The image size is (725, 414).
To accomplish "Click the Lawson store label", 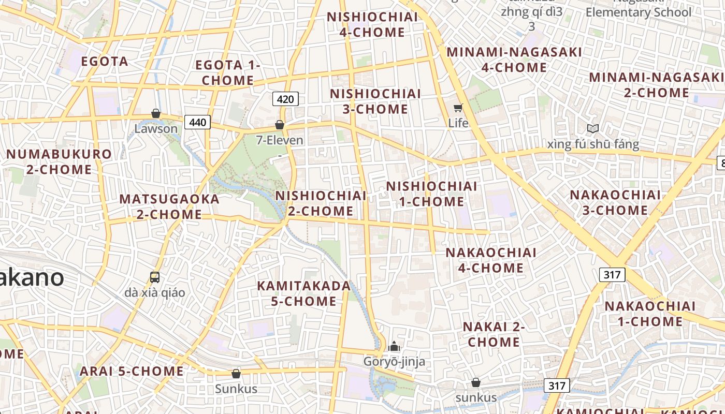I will [156, 128].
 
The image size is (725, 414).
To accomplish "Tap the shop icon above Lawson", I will [156, 113].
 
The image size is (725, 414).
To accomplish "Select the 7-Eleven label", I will [280, 140].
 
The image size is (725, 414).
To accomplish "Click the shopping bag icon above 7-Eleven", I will [280, 125].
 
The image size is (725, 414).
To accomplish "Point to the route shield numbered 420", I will [285, 99].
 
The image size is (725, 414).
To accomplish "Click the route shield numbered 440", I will [197, 123].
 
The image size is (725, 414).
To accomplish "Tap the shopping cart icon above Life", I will [458, 108].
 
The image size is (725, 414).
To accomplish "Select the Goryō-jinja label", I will [394, 361].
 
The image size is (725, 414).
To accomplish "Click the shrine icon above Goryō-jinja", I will [394, 346].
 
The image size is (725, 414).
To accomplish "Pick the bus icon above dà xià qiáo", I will [155, 277].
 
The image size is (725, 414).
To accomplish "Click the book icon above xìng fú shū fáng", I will [593, 128].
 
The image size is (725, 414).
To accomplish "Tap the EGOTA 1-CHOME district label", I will [228, 73].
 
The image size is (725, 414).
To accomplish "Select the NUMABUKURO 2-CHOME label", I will [59, 161].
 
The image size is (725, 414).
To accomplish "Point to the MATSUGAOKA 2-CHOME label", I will [169, 206].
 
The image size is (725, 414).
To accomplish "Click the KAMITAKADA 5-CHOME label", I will [304, 293].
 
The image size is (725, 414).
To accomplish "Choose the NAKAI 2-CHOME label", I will [494, 334].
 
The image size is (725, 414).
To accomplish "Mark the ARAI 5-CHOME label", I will [132, 371].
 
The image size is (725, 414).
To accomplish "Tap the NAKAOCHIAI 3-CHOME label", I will [615, 202].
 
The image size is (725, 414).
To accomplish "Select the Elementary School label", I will [639, 12].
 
